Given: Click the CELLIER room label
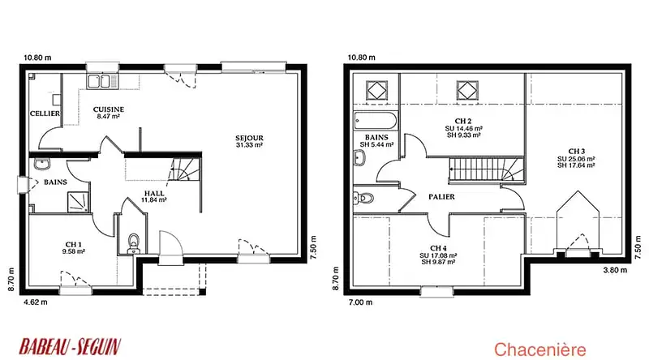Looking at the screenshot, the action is click(x=45, y=114).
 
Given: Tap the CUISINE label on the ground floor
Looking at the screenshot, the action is click(x=109, y=109).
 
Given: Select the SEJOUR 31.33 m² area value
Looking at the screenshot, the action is click(x=250, y=145).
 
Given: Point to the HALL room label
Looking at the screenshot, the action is click(x=154, y=193).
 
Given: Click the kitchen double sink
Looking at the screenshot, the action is click(x=98, y=81).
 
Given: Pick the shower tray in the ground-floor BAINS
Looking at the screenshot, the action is click(x=78, y=202).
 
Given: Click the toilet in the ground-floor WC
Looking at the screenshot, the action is click(x=133, y=243).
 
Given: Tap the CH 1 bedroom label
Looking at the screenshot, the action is click(x=74, y=245).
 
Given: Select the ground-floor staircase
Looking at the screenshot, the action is click(x=184, y=169).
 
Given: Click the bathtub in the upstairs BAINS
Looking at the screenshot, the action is click(x=376, y=122).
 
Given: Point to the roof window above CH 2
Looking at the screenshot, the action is click(x=467, y=90).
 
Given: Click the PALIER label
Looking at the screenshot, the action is click(x=441, y=197).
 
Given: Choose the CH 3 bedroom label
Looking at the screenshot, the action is click(x=577, y=152).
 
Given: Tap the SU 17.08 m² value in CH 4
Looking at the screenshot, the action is click(x=438, y=255).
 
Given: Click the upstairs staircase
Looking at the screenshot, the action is click(x=487, y=169).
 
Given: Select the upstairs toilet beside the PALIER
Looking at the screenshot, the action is click(x=363, y=198).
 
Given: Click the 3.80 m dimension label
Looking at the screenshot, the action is click(x=615, y=270).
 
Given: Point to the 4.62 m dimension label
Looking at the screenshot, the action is click(x=36, y=302).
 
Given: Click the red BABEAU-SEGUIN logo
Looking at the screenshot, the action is click(x=70, y=347).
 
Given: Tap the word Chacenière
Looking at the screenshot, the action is click(x=540, y=349).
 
